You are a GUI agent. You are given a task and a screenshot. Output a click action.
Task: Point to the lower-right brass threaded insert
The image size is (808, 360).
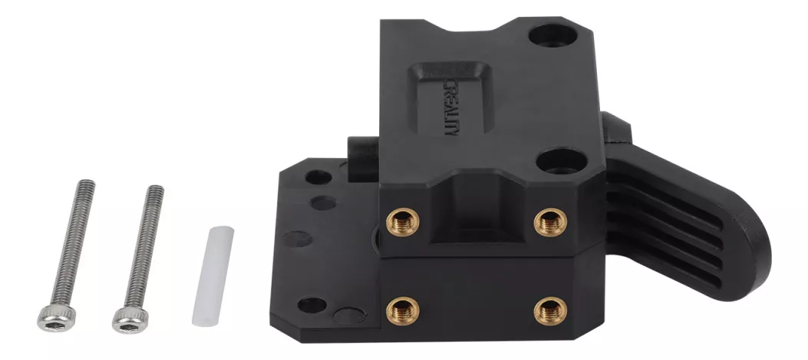click(550, 309)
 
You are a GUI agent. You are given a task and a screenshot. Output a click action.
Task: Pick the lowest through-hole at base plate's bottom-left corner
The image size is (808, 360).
click(311, 305)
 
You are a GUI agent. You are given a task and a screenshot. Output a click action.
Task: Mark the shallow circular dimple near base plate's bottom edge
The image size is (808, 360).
click(349, 316)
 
